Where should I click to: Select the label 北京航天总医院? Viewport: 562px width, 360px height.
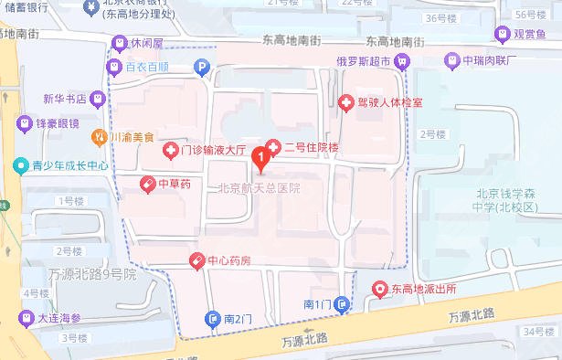(260, 189)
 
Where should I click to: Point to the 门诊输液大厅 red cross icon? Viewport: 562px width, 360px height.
(169, 151)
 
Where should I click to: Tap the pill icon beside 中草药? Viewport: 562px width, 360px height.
(144, 184)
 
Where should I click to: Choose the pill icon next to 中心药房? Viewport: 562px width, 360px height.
(196, 261)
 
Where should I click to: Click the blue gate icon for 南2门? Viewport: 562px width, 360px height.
(213, 320)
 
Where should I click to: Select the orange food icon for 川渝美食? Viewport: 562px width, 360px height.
(100, 137)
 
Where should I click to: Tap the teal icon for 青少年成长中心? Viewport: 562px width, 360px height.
(19, 167)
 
